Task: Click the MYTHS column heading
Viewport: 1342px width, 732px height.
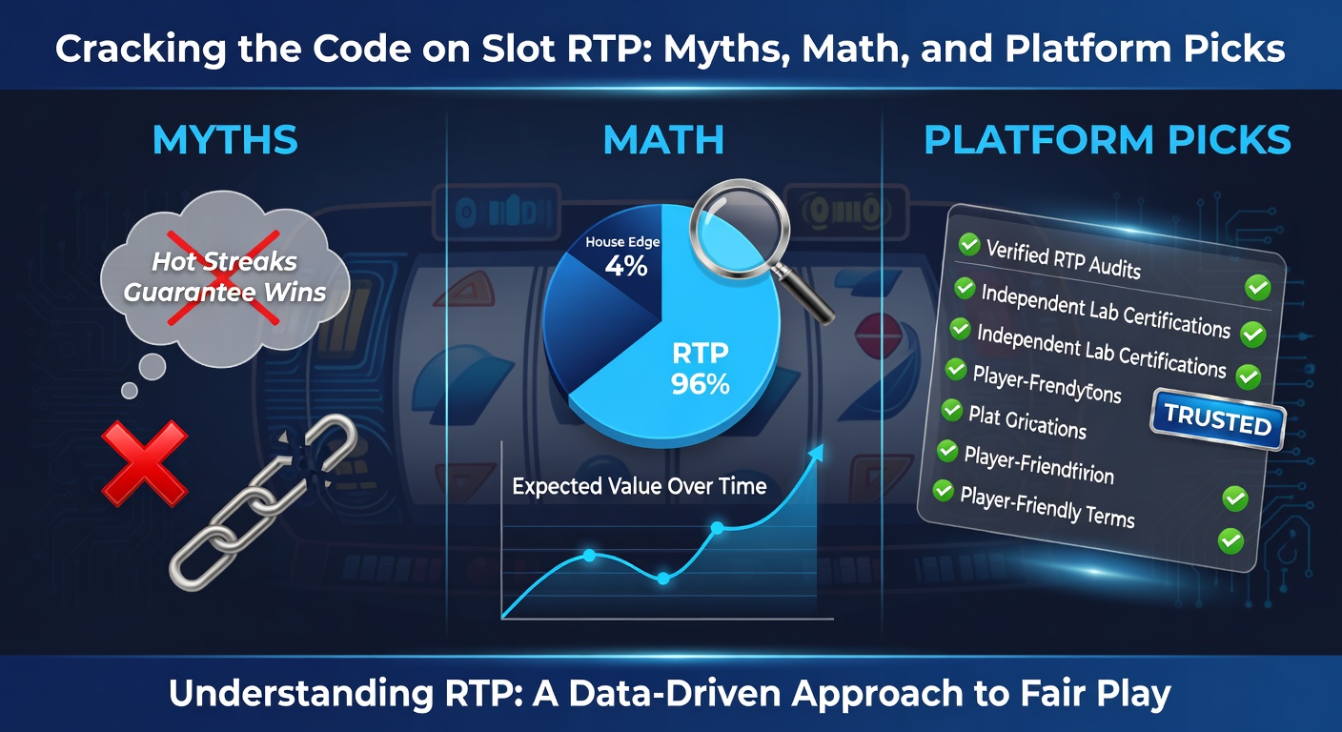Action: pyautogui.click(x=225, y=140)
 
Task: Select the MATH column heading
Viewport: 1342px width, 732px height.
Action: pyautogui.click(x=663, y=140)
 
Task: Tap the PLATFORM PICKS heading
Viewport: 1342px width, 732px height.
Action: pyautogui.click(x=1108, y=140)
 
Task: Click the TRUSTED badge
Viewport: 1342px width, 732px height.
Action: pyautogui.click(x=1217, y=417)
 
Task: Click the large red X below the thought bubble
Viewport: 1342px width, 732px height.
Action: pyautogui.click(x=144, y=464)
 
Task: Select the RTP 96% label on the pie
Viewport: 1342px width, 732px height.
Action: pyautogui.click(x=701, y=369)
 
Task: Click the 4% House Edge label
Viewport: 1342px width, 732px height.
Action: pyautogui.click(x=626, y=257)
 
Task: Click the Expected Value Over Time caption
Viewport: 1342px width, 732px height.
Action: pyautogui.click(x=639, y=486)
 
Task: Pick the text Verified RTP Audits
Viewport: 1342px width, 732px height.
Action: pyautogui.click(x=1063, y=258)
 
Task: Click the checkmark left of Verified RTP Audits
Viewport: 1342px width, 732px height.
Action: pyautogui.click(x=968, y=245)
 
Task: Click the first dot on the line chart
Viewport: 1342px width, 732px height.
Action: pyautogui.click(x=589, y=555)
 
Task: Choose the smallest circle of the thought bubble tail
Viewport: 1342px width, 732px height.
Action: pyautogui.click(x=130, y=390)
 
